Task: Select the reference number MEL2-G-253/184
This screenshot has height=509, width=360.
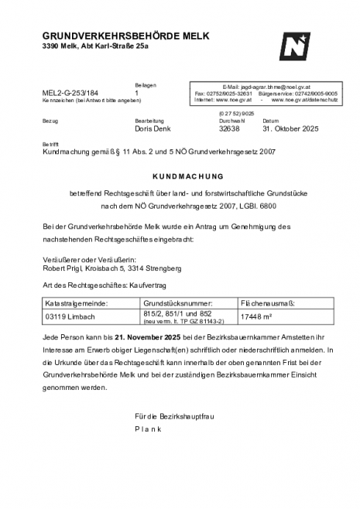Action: click(x=70, y=93)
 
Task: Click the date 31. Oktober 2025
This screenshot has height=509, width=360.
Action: click(x=290, y=128)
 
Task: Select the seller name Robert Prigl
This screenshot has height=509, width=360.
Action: click(x=65, y=268)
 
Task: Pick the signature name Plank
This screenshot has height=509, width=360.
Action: click(x=147, y=428)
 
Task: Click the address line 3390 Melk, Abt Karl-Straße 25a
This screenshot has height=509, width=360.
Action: click(x=94, y=46)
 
